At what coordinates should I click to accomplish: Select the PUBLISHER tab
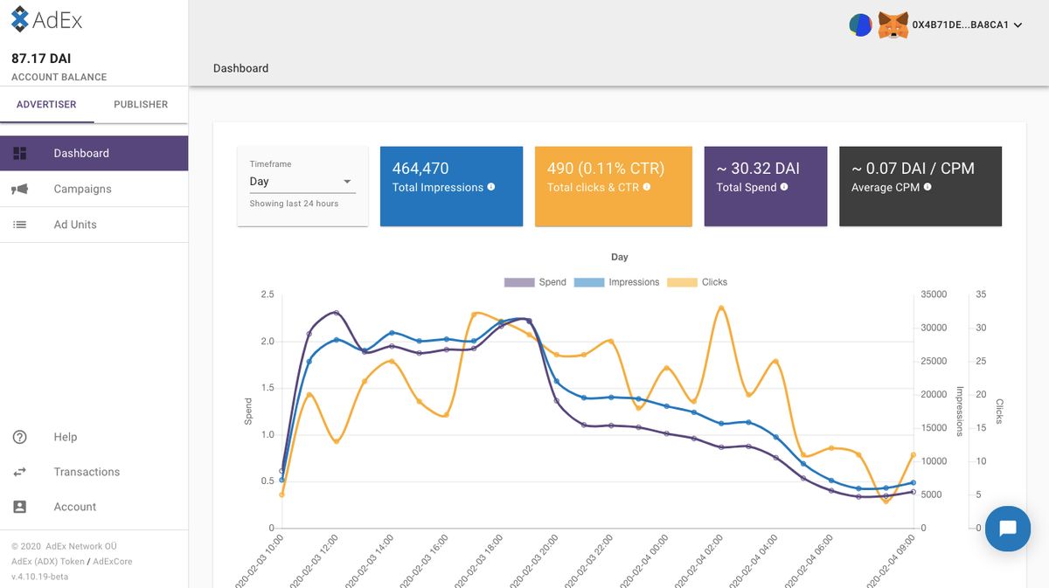(141, 104)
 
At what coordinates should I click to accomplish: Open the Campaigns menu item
(82, 189)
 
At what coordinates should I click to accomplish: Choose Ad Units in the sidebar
(75, 225)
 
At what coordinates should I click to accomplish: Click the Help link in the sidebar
(65, 437)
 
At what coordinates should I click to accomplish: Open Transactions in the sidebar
(87, 472)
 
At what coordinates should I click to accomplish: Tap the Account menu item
(75, 507)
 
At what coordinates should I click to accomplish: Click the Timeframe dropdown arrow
(347, 182)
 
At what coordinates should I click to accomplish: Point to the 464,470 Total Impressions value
(420, 169)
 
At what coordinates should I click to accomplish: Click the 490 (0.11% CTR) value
(606, 169)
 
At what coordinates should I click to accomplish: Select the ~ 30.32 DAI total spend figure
(758, 169)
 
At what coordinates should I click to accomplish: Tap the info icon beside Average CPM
(927, 187)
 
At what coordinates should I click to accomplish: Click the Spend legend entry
(535, 282)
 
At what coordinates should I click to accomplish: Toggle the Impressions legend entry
(616, 282)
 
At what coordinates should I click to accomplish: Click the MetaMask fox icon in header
(892, 24)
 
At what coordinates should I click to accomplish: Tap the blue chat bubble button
(1007, 529)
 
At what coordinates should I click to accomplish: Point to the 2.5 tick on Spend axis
(267, 294)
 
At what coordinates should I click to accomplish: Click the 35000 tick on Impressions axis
(934, 294)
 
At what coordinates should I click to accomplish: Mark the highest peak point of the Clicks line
(721, 308)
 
